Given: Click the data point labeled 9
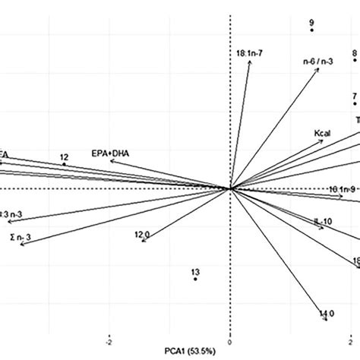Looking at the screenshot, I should coord(312,31).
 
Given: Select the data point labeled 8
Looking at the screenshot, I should coord(355,61).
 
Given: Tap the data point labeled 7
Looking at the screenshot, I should coord(355,104).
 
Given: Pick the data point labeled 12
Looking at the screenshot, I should coord(65,164).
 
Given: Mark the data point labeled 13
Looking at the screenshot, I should coord(195,279).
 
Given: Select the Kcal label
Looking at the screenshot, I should coord(324,134).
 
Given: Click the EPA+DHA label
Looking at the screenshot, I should coord(110,153).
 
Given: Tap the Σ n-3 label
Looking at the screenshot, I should coord(21,238).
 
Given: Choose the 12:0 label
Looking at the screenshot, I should coord(142,235).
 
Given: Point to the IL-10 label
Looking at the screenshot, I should coord(324,222).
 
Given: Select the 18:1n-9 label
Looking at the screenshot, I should coord(342,188).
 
